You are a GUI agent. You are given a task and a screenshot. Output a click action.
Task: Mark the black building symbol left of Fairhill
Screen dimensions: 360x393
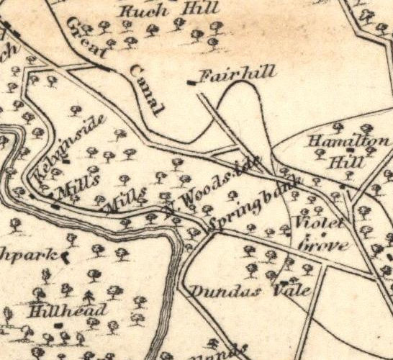pyautogui.click(x=191, y=83)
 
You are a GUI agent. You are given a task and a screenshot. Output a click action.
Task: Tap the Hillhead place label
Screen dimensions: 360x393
pyautogui.click(x=68, y=310)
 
